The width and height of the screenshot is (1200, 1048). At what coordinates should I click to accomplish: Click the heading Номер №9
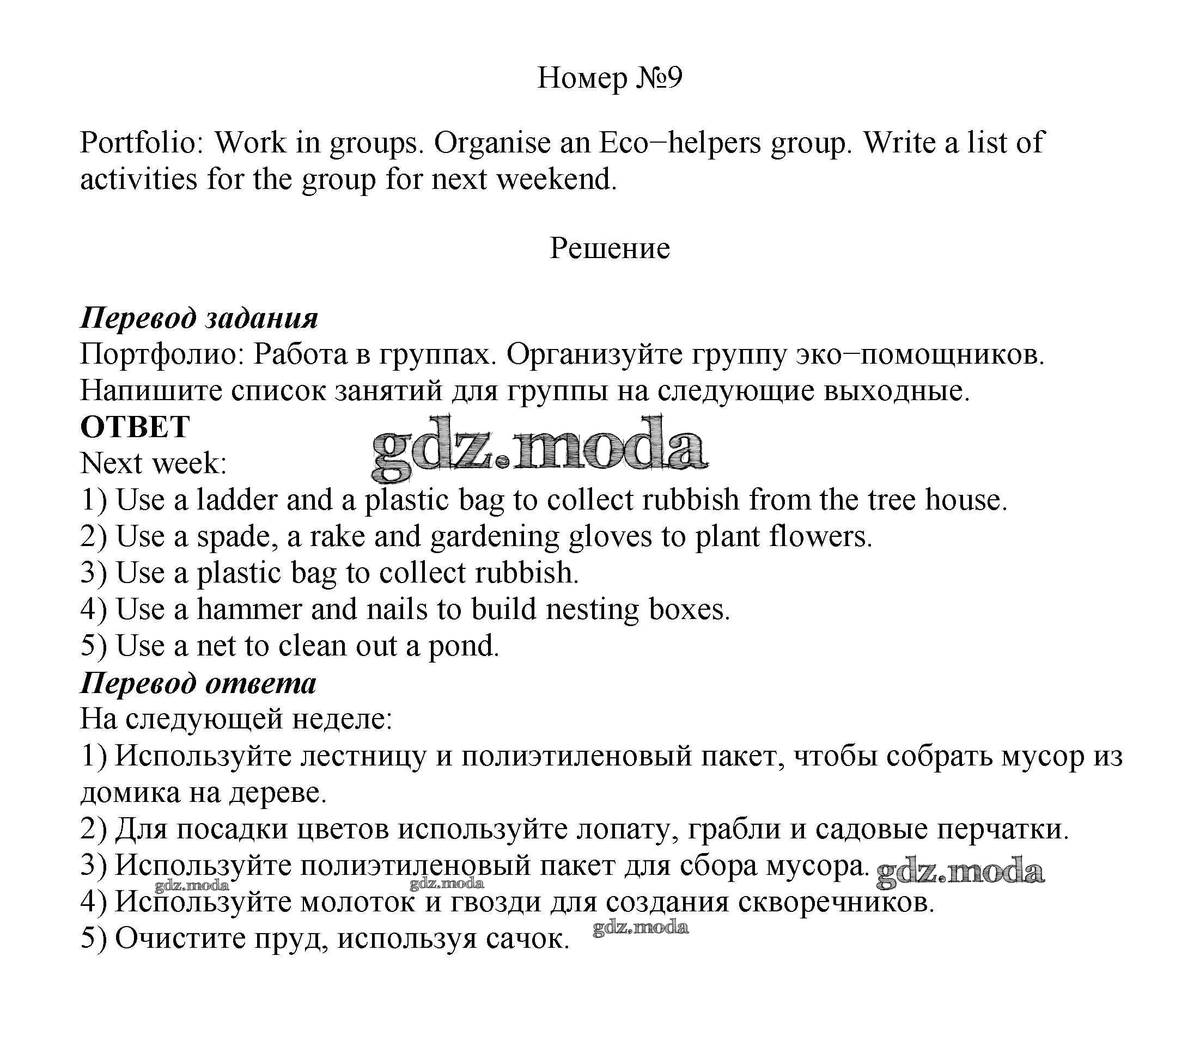click(x=609, y=78)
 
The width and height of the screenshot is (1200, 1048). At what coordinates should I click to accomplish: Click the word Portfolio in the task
click(x=141, y=142)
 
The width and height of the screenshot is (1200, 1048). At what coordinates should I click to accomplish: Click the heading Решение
click(x=609, y=249)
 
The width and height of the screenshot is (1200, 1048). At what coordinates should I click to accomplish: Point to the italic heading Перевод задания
click(x=199, y=318)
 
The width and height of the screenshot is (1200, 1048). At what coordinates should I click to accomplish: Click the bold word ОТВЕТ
click(x=135, y=427)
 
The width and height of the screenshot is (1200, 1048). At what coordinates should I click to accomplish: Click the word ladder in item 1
click(x=237, y=500)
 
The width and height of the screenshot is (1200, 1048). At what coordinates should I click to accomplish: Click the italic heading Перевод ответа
click(x=198, y=683)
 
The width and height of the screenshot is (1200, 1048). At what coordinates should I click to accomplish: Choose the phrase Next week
click(x=153, y=463)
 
